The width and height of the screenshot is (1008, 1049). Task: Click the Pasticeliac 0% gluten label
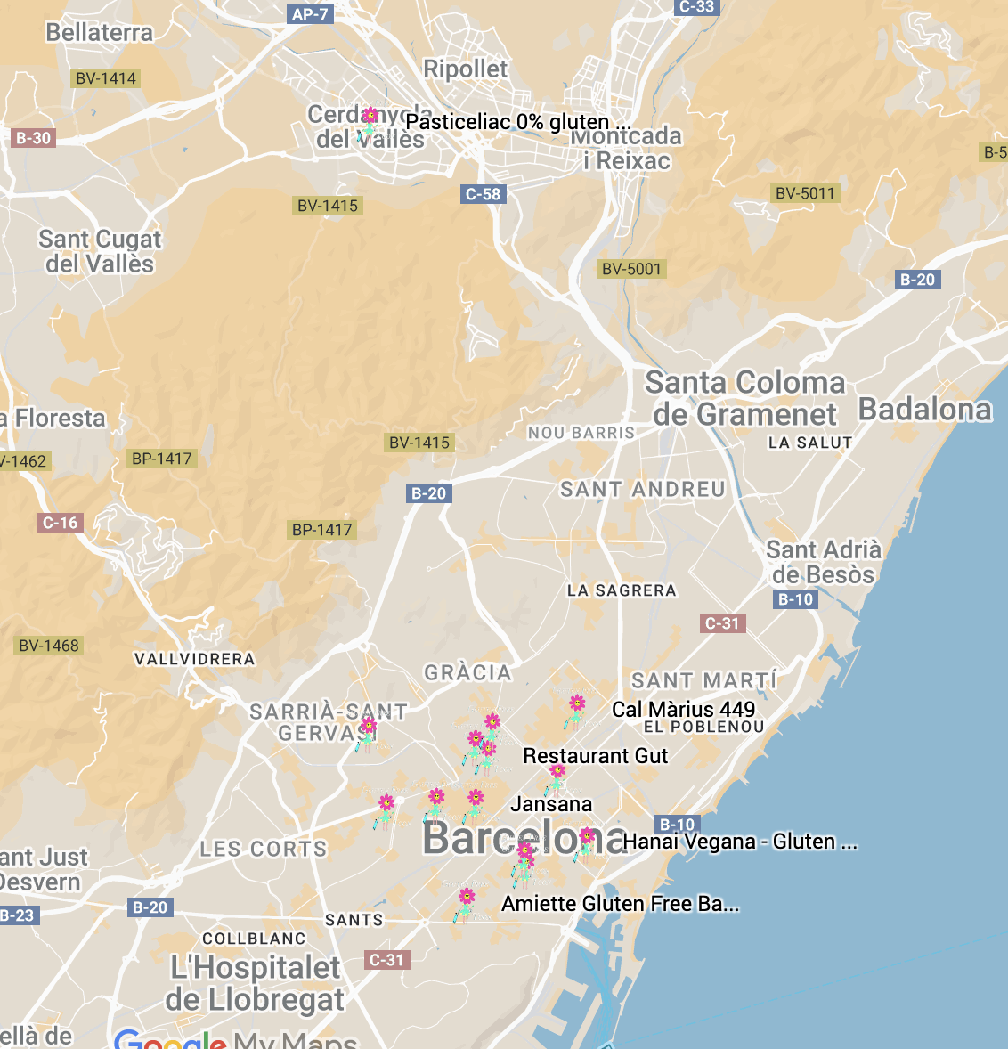[508, 122]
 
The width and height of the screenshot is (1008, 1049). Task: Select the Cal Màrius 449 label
[683, 710]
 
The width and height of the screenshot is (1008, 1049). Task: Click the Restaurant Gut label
[595, 756]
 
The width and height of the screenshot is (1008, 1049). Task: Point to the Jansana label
[551, 804]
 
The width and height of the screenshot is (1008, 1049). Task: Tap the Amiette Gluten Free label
[620, 904]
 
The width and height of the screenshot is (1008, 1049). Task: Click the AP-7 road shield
[310, 14]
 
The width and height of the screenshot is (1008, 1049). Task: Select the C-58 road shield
[484, 194]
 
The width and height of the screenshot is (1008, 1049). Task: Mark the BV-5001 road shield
[631, 269]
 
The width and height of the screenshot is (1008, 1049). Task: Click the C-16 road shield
[61, 523]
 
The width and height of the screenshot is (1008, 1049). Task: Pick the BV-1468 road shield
[49, 646]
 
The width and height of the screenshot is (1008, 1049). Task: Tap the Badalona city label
[924, 410]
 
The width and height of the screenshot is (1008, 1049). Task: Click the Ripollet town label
[465, 69]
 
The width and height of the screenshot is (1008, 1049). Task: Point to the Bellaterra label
[99, 33]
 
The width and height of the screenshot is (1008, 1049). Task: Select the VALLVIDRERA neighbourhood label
[194, 660]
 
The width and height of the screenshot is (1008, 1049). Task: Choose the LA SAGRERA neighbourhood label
[622, 590]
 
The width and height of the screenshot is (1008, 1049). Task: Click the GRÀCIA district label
[467, 673]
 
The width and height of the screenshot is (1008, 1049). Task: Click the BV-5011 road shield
[805, 193]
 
